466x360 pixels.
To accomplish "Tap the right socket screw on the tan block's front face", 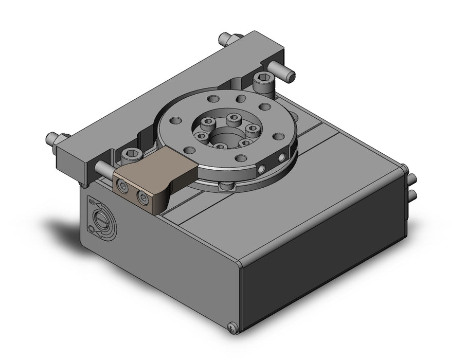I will coord(142,196).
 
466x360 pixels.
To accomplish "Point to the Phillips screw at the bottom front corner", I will coord(232,326).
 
